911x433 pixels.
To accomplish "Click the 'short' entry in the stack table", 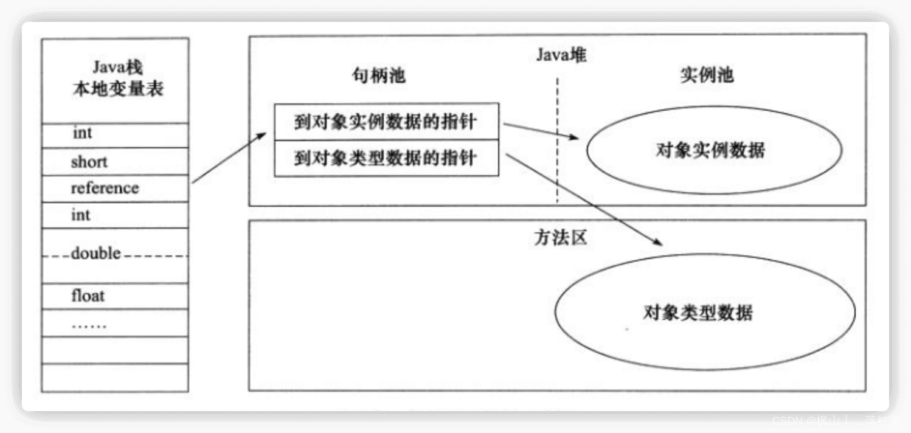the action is click(89, 162).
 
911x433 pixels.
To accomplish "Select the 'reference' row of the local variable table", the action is click(105, 188).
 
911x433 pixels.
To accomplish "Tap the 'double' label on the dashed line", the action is click(96, 254).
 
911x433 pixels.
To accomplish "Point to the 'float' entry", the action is click(88, 296).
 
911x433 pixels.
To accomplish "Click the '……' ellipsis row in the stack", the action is click(89, 324).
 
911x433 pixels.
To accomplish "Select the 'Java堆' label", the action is click(561, 55).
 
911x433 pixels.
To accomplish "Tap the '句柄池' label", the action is click(378, 75).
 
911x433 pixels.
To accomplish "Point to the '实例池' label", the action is click(706, 75).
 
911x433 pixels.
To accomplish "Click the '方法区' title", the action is click(560, 238).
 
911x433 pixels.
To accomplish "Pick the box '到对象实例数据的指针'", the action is click(386, 122).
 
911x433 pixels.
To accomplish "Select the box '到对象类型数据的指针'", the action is click(386, 159).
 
